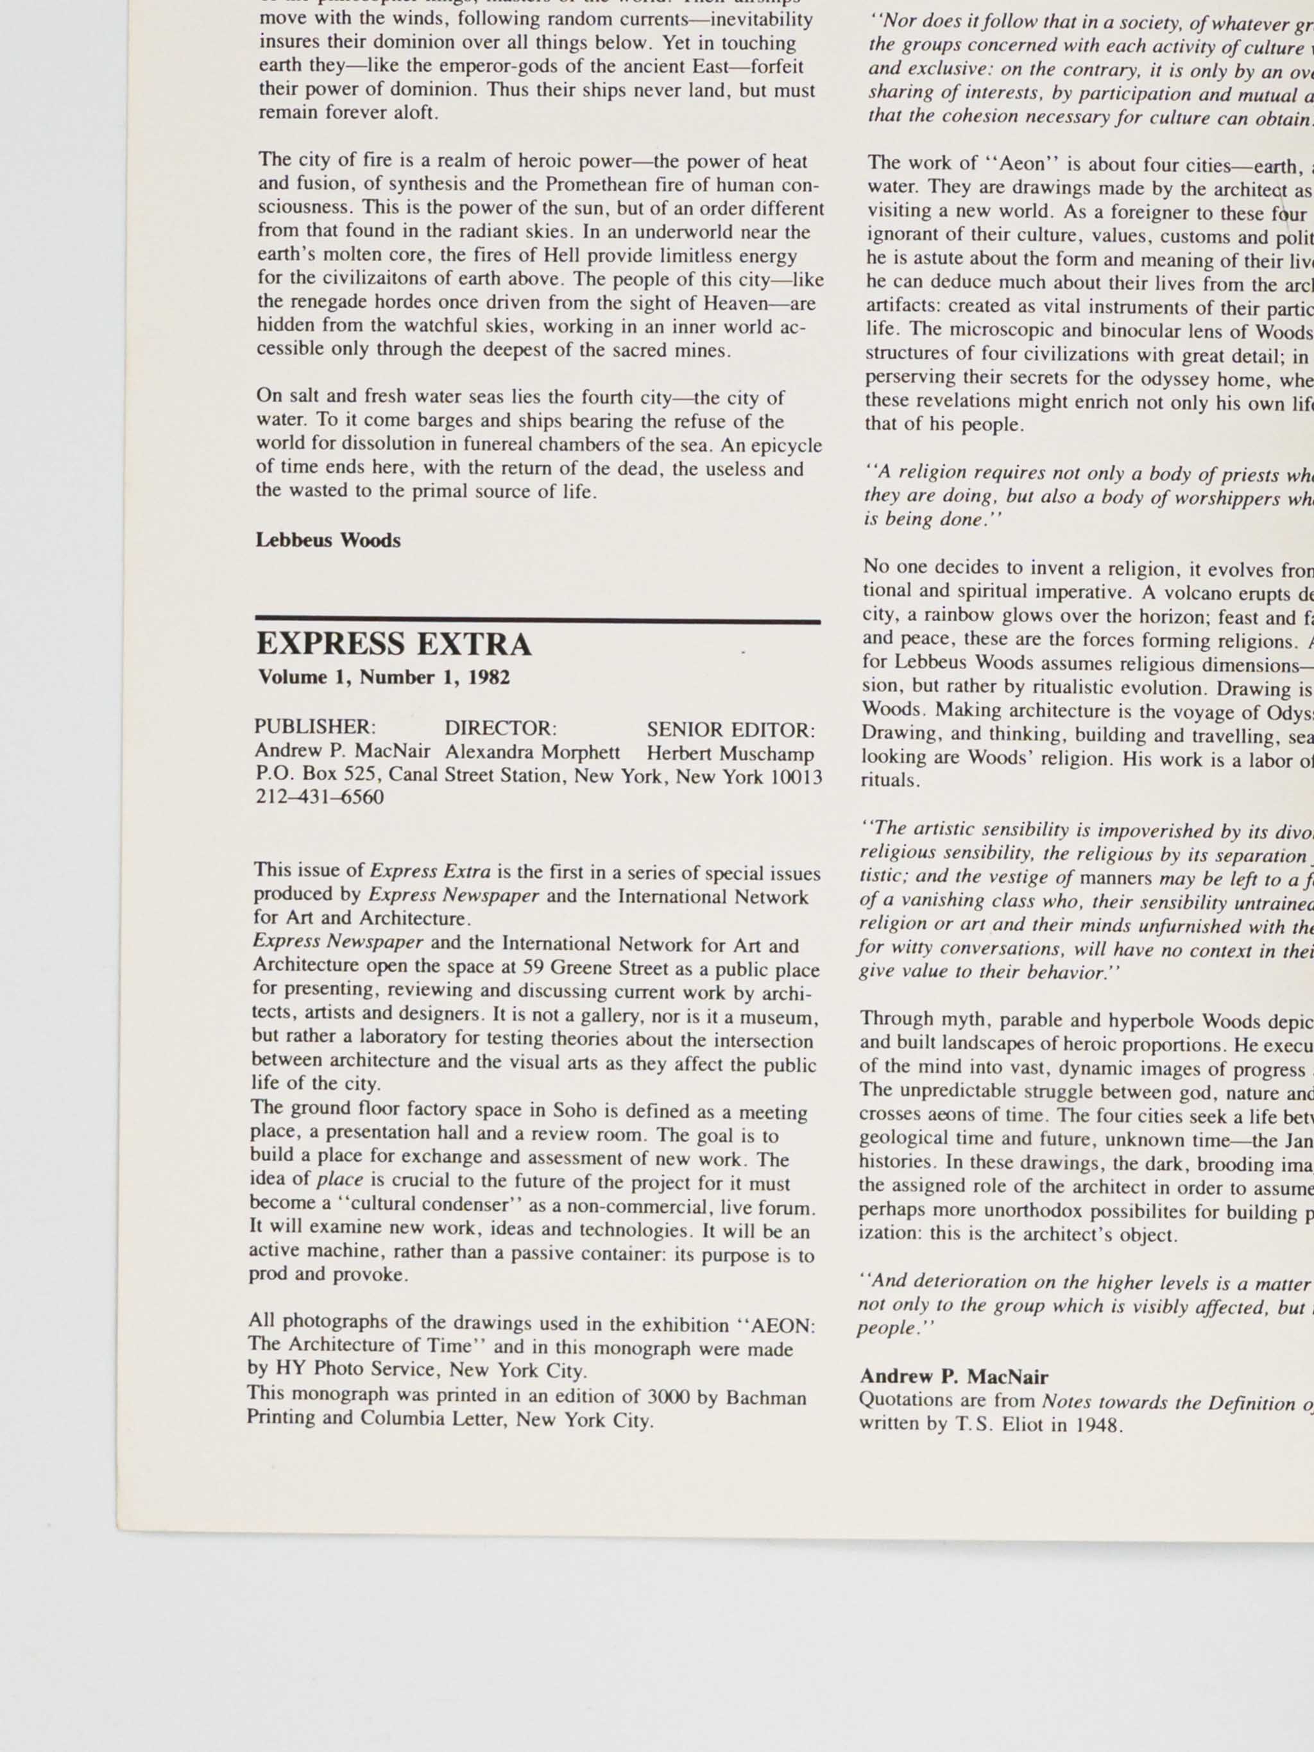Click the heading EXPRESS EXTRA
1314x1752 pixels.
coord(394,645)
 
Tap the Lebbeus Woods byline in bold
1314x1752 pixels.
coord(328,540)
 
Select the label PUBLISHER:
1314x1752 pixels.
coord(314,727)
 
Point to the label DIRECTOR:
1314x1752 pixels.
coord(500,728)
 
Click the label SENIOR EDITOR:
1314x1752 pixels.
coord(730,729)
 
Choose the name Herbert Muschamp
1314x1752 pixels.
coord(730,753)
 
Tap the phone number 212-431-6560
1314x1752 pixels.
coord(319,797)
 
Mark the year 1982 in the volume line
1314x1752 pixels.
coord(489,678)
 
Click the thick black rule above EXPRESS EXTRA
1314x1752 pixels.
coord(538,621)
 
